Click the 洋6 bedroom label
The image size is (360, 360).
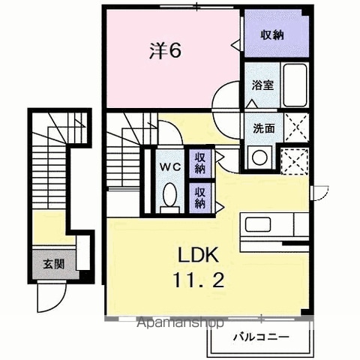pos(165,50)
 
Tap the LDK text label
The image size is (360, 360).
pos(198,254)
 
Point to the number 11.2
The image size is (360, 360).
pos(198,280)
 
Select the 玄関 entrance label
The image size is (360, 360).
pos(54,264)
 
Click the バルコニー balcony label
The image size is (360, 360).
pos(261,337)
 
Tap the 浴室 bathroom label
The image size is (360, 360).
pos(262,85)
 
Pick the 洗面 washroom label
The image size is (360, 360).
pos(264,128)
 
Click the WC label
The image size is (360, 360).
pos(170,167)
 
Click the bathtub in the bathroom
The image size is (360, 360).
pos(295,85)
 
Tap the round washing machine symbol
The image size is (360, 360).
pos(259,157)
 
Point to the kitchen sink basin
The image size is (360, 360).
pos(258,224)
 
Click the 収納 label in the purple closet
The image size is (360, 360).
pos(272,35)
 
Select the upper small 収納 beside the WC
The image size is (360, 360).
pos(200,163)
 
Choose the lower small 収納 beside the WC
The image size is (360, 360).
pos(200,198)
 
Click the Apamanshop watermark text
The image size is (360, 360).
pos(181,322)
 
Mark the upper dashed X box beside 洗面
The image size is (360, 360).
pos(296,127)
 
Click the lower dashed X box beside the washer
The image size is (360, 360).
pos(295,161)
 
